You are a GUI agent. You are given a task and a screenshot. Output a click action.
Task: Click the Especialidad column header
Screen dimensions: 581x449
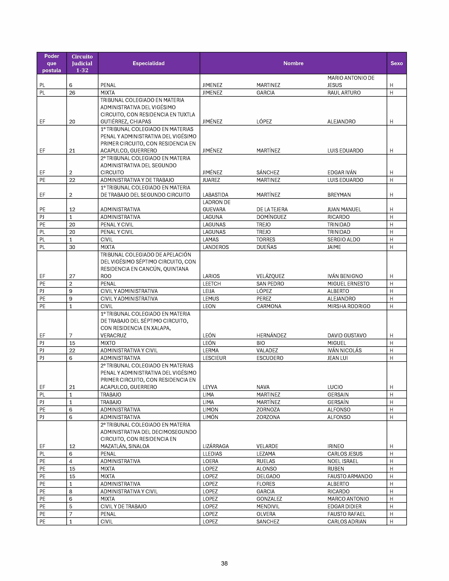(x=148, y=63)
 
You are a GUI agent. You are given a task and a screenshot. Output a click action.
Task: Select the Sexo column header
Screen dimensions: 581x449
(x=396, y=63)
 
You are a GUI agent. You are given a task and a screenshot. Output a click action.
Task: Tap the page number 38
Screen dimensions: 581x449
(x=224, y=563)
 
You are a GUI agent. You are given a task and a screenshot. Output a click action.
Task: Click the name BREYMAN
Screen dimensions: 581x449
(x=339, y=195)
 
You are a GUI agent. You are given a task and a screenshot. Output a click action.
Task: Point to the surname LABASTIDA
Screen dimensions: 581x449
(x=216, y=195)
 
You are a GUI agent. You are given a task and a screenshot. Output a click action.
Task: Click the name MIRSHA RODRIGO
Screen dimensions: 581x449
(x=349, y=306)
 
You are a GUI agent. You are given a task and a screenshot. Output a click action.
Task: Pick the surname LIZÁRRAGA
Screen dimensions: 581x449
(x=216, y=446)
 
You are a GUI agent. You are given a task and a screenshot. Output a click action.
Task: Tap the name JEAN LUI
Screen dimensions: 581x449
(x=338, y=358)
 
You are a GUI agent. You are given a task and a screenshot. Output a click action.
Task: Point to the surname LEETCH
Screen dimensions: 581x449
(x=212, y=284)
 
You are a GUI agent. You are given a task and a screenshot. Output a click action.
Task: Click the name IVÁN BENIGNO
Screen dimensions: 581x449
(x=345, y=276)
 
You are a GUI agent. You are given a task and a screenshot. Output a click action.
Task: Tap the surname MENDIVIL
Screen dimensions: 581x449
(x=268, y=507)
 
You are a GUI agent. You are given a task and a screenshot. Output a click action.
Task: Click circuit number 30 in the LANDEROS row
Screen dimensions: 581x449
(x=72, y=247)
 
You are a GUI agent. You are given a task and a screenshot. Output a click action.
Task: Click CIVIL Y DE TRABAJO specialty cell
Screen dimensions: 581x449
(x=123, y=507)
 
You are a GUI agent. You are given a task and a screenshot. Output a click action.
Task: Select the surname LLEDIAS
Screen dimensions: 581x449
(x=212, y=454)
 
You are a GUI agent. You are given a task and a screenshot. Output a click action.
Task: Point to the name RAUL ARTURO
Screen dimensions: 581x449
(x=344, y=93)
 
